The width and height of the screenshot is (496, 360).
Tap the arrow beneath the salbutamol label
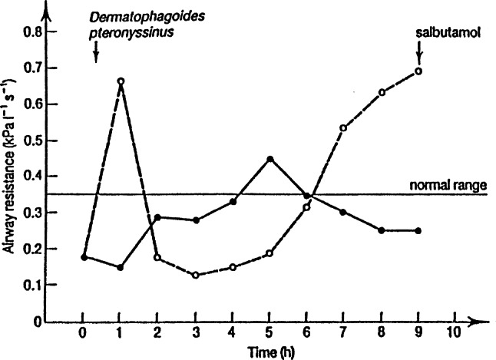(x=419, y=54)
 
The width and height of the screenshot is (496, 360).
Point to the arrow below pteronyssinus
(x=96, y=52)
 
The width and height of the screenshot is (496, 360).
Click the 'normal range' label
(x=449, y=185)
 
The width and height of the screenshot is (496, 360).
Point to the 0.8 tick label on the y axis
(x=31, y=33)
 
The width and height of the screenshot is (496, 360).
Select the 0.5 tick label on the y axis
(x=31, y=141)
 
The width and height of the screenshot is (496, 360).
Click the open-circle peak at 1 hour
(x=121, y=81)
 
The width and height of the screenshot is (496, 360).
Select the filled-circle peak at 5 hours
(x=269, y=159)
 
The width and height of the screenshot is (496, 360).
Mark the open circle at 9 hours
(x=418, y=71)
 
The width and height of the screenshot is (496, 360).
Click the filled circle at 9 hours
(x=418, y=230)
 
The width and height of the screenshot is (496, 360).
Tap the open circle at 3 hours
(x=195, y=275)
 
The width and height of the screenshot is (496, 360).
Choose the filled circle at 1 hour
(x=121, y=267)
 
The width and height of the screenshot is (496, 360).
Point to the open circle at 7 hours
(x=343, y=127)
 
